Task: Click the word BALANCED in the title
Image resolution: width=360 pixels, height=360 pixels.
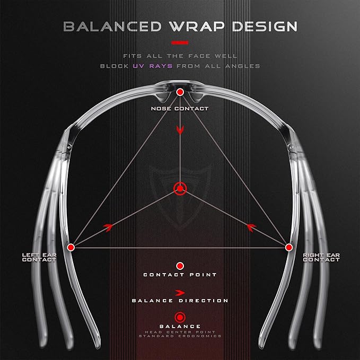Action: (112, 27)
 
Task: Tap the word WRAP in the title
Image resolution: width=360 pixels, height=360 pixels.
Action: (197, 27)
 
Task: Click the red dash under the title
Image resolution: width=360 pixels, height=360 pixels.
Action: (180, 43)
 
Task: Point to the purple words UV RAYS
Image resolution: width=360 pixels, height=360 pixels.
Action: (153, 66)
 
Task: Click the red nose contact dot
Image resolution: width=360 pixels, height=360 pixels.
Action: (180, 92)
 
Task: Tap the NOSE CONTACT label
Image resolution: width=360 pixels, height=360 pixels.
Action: (180, 109)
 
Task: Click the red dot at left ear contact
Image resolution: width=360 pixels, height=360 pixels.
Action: (71, 247)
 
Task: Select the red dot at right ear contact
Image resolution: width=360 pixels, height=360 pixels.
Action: (289, 247)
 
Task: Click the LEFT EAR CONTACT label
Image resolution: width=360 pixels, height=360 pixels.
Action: (39, 257)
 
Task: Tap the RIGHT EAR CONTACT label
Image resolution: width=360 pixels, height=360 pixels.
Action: (321, 257)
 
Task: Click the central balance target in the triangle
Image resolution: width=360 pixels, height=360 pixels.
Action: (180, 189)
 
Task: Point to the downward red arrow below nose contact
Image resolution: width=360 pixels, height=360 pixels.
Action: (180, 130)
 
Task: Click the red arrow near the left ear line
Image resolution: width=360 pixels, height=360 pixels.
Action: (108, 227)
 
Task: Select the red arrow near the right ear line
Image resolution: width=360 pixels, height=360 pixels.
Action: (251, 227)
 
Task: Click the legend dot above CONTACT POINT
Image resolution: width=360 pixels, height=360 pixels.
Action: (180, 266)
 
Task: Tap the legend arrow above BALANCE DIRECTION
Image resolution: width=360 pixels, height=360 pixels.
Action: (180, 293)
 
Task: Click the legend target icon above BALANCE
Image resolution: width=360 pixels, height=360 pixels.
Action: (180, 318)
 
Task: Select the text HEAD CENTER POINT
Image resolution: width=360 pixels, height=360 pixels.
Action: (180, 332)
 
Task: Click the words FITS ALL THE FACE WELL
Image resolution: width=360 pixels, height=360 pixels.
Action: (180, 56)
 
